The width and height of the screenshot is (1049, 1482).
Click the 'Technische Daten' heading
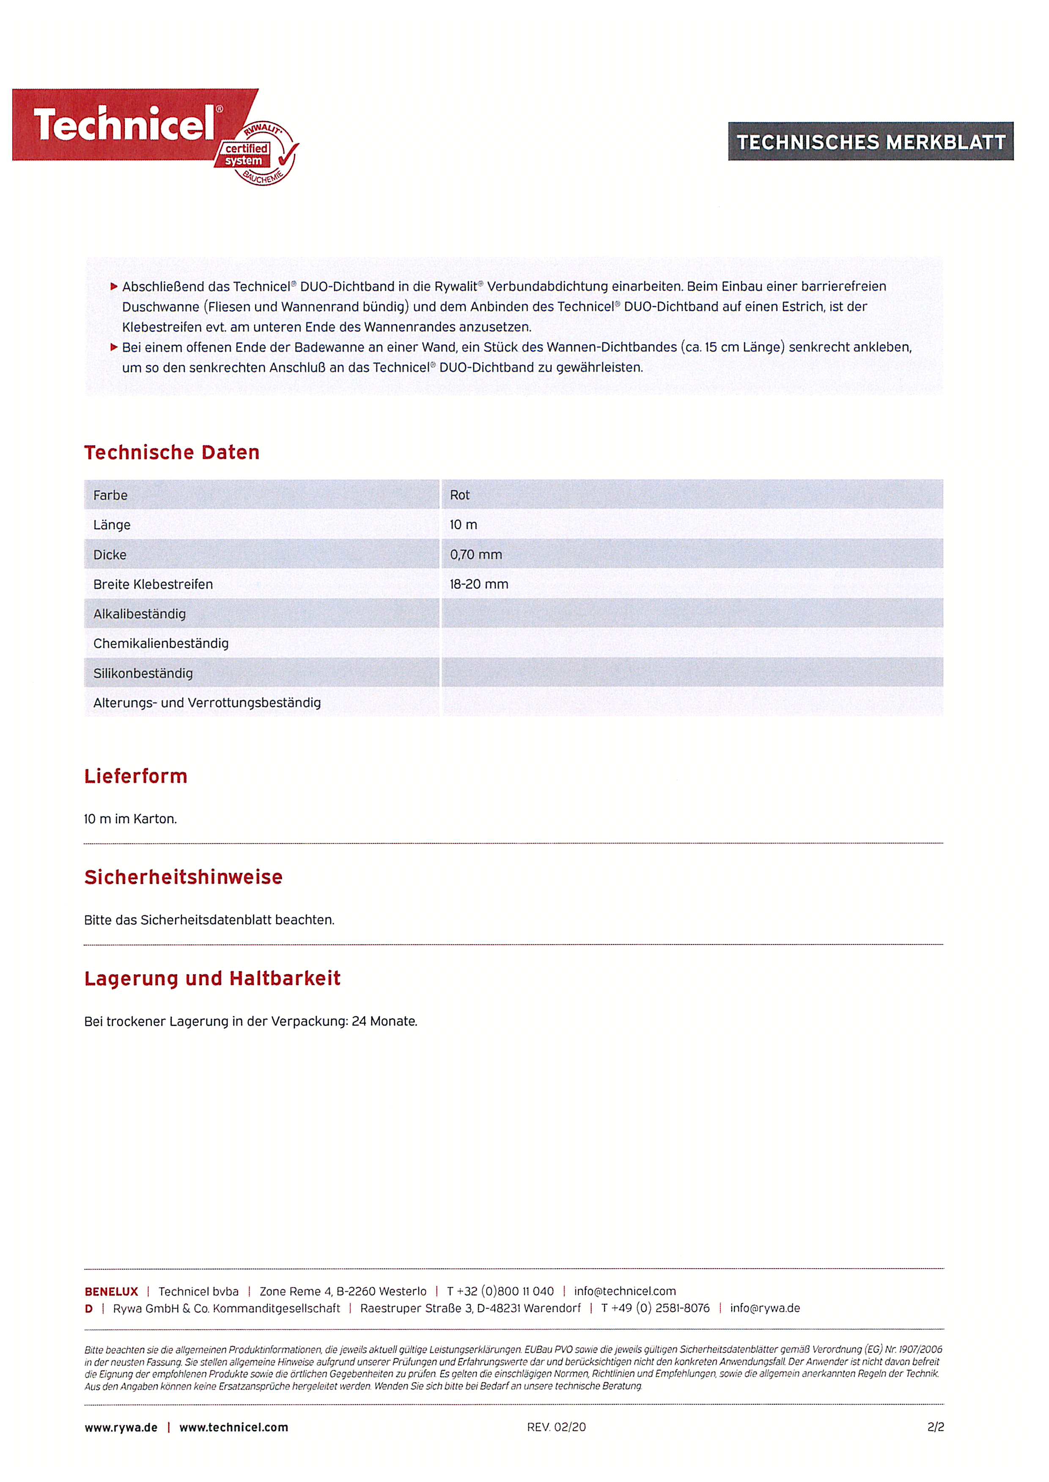tap(172, 453)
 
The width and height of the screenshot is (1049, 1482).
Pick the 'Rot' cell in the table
tap(459, 495)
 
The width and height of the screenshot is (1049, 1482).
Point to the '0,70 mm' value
tap(475, 554)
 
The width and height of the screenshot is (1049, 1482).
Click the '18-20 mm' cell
tap(479, 584)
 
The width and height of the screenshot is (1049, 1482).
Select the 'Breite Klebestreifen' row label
tap(153, 584)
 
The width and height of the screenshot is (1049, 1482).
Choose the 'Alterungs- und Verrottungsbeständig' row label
tap(207, 703)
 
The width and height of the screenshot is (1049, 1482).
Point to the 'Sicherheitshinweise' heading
tap(184, 877)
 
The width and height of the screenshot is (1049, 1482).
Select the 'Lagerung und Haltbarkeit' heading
tap(212, 979)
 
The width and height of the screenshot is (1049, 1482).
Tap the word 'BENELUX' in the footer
tap(111, 1291)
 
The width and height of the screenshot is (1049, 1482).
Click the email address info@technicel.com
tap(625, 1291)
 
